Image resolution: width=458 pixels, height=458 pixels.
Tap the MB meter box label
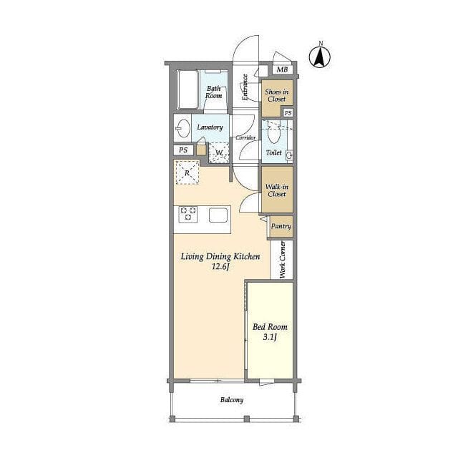[x=282, y=69]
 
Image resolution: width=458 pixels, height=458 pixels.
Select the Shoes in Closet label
[x=277, y=95]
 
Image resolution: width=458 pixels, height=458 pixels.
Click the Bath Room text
[x=213, y=92]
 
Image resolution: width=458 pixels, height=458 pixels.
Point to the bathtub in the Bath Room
[x=187, y=89]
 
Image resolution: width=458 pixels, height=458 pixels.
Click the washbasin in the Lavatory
[x=183, y=128]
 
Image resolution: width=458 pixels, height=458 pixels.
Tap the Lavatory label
[x=210, y=127]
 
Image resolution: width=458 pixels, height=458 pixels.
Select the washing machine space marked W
[x=219, y=152]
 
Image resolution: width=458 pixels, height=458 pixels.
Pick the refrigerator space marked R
[x=187, y=172]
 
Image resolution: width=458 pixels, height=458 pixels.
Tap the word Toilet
[x=273, y=152]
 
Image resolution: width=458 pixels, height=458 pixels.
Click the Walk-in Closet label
[x=277, y=190]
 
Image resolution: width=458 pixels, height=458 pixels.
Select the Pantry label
[x=281, y=226]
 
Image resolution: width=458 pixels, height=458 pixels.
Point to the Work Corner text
[x=282, y=259]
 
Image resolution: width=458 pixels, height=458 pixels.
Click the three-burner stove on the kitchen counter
[x=187, y=214]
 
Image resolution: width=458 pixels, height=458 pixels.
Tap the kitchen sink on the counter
[x=218, y=215]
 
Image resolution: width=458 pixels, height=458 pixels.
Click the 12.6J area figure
[x=220, y=266]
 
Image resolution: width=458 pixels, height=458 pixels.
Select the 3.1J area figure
[x=270, y=337]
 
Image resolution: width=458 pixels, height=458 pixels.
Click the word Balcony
[x=232, y=400]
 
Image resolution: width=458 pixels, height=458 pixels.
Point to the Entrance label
[x=245, y=87]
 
